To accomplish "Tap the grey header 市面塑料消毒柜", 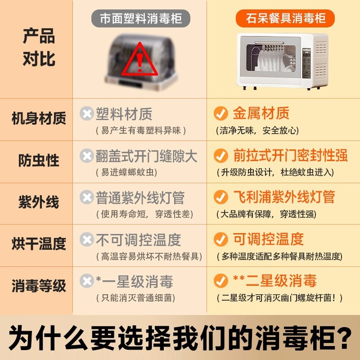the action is pos(141,18).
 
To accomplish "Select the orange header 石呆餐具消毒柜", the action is pos(285,18).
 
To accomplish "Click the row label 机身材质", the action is pos(39,118).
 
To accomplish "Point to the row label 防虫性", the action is pos(39,160).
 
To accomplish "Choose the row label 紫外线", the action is pos(39,202).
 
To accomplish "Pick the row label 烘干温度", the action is pos(39,244).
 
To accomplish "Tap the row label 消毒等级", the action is pos(39,286).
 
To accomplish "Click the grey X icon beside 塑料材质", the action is pos(86,113).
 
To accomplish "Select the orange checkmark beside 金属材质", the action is pos(221,113).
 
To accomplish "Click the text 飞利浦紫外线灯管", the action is pos(284,197).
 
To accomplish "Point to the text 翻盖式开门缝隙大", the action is pos(147,156).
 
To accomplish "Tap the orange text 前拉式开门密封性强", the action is pos(290,155).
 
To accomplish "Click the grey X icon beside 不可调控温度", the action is pos(86,239).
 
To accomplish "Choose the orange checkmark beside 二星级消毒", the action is pos(221,280).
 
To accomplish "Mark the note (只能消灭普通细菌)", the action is pos(136,298).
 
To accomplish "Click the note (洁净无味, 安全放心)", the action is pos(257,130).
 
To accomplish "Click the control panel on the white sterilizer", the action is pos(306,63).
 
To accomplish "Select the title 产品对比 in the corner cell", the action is pos(39,47).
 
